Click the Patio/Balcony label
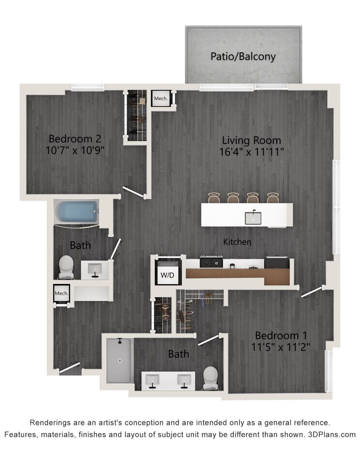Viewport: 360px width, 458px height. coord(243,57)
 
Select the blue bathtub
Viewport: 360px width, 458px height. coord(77,212)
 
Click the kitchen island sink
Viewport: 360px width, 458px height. coord(253,218)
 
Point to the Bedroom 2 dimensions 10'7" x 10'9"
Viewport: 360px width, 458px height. coord(75,150)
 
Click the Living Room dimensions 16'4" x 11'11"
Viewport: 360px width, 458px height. coord(252,152)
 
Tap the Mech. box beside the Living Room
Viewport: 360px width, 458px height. coord(161,99)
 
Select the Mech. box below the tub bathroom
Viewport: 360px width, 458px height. coord(61,293)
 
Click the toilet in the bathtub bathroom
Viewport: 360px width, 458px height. coord(66,267)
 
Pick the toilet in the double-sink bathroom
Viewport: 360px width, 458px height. coord(211,378)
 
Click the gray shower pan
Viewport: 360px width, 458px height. coord(119,361)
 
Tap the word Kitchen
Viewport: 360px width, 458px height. coord(237,242)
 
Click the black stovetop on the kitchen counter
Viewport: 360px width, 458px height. coord(211,262)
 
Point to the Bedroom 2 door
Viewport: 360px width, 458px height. coord(134,191)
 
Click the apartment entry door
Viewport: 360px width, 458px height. coord(70,368)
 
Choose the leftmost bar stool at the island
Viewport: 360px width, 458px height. coord(214,198)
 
